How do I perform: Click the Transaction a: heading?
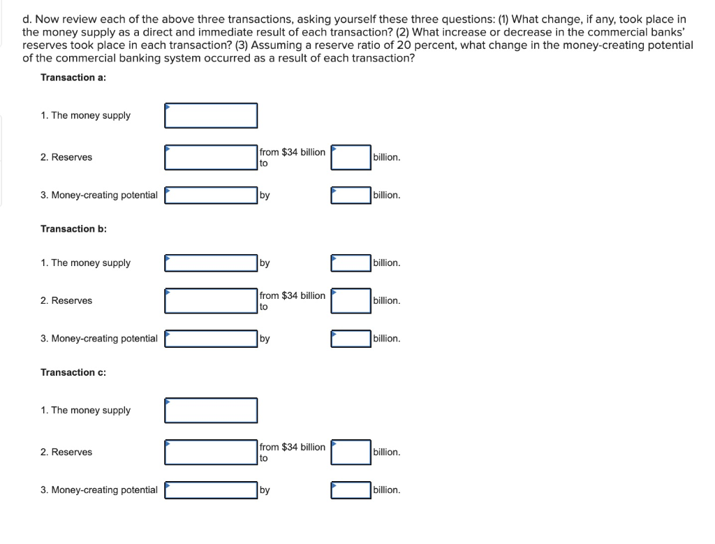[73, 78]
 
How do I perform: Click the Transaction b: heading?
[73, 229]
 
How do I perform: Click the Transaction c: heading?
[73, 372]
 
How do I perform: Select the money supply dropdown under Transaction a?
[211, 116]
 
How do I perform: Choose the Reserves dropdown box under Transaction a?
[211, 157]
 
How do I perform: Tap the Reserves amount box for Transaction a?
[351, 157]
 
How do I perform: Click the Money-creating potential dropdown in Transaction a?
[211, 196]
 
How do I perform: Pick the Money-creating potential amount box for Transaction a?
[351, 196]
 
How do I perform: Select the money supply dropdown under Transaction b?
[211, 263]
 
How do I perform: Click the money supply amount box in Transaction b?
[351, 263]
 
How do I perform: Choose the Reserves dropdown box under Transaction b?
[211, 301]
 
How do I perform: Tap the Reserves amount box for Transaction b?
[351, 301]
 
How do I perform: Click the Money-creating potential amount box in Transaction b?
[351, 339]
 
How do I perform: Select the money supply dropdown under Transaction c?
[211, 411]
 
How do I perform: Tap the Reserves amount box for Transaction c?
[351, 453]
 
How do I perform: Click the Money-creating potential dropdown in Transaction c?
[211, 490]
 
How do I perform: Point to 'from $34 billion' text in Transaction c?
[292, 447]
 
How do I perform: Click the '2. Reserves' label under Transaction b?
[66, 301]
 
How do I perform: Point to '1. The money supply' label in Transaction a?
[85, 116]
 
